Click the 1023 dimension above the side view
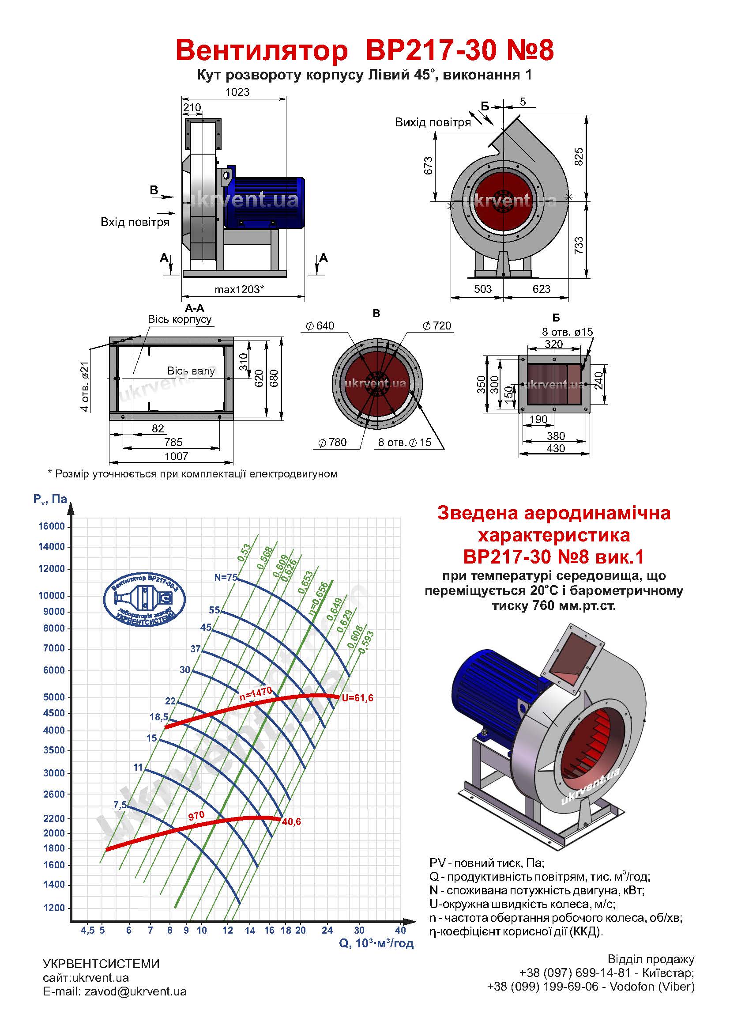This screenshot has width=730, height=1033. (x=237, y=92)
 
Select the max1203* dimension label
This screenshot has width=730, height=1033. (x=239, y=289)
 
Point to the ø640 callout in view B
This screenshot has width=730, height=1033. (x=320, y=326)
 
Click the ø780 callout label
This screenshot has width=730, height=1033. (x=333, y=442)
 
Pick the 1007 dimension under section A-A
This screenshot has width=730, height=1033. (x=176, y=456)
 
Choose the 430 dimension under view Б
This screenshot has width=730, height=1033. (x=556, y=448)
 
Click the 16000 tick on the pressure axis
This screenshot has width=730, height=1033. (x=52, y=526)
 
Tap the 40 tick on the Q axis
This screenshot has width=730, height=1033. (x=400, y=930)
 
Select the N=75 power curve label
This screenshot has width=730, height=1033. (x=226, y=577)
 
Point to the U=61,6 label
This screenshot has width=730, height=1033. (x=358, y=698)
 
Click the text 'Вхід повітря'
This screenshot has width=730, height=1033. (x=135, y=222)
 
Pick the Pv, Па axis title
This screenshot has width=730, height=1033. (x=50, y=499)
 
